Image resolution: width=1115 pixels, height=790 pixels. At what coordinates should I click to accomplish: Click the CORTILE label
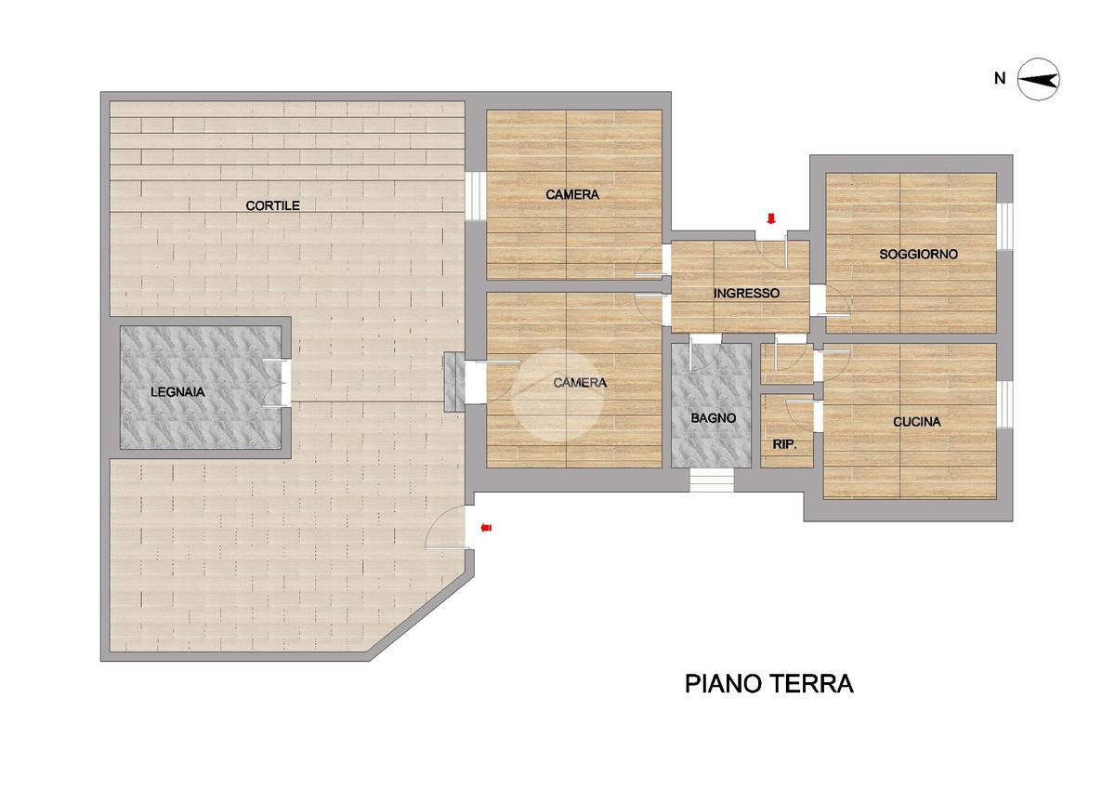click(x=273, y=205)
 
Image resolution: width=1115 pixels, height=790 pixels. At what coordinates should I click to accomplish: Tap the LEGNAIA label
click(x=177, y=392)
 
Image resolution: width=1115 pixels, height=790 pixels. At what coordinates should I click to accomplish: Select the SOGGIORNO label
click(x=918, y=255)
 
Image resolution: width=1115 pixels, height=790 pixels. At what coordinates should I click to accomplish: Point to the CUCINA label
click(x=917, y=422)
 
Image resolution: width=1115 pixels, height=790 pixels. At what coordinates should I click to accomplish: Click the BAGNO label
click(x=714, y=418)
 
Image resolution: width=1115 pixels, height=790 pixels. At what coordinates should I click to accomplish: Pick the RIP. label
click(x=784, y=444)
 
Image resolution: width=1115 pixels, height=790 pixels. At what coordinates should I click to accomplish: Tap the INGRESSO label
click(x=747, y=294)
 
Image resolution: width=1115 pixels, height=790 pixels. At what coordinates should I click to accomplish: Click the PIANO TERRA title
click(x=769, y=683)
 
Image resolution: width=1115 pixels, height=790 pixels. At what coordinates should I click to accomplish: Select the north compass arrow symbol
click(x=1038, y=79)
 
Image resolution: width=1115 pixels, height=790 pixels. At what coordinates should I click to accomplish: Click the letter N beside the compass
click(x=1000, y=79)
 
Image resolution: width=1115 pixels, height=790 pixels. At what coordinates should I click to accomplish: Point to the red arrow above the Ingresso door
click(x=771, y=218)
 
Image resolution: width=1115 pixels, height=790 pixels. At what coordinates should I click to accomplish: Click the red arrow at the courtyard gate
click(x=486, y=528)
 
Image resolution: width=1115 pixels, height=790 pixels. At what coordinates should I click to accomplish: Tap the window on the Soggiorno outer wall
click(x=1005, y=226)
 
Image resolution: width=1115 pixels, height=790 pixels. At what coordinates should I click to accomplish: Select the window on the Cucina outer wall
click(x=1005, y=404)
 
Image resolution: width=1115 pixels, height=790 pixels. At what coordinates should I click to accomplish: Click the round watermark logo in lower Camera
click(x=557, y=396)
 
